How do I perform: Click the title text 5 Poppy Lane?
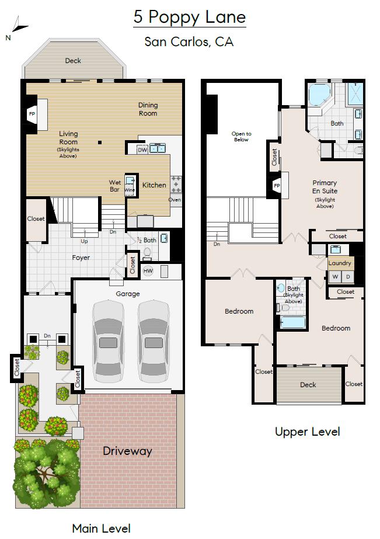point(189,17)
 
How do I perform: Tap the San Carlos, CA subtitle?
point(189,42)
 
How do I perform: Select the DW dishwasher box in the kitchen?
point(142,150)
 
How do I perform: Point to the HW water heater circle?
point(148,271)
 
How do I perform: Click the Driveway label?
point(127,451)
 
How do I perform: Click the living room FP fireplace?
point(33,114)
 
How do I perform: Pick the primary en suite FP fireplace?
point(277,187)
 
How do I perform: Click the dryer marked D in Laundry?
point(348,276)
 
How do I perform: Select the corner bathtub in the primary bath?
point(319,95)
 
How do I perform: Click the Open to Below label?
point(241,137)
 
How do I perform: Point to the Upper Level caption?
point(307,432)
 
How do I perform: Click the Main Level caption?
point(101,528)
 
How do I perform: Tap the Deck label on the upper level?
point(308,384)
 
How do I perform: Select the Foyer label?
point(81,258)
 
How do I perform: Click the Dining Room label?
point(148,109)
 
